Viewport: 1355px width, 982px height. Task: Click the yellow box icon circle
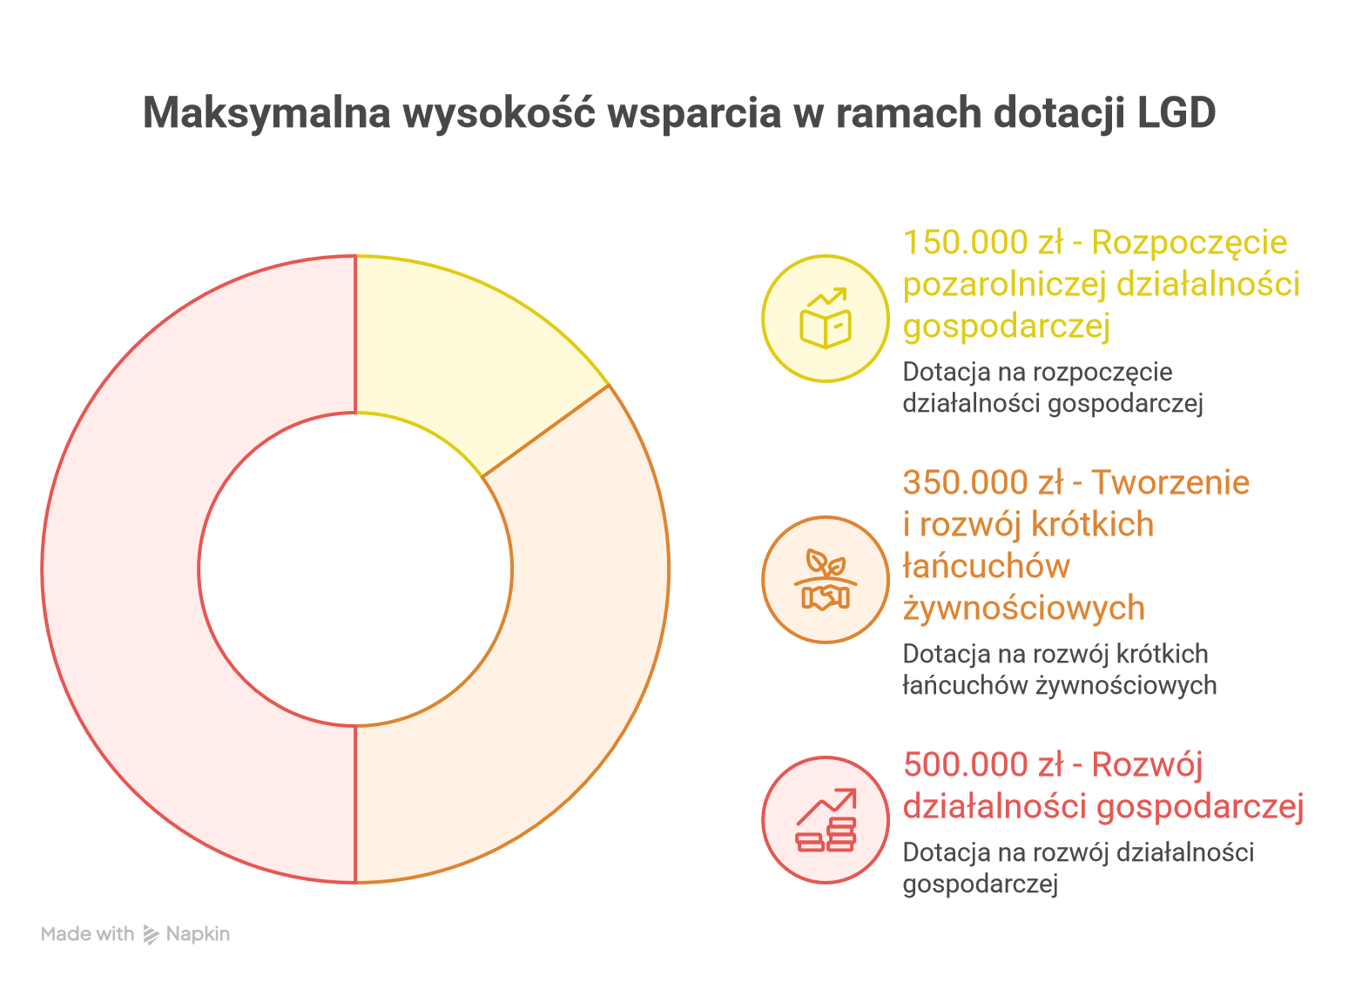pos(825,319)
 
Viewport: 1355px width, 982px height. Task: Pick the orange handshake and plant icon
pos(825,580)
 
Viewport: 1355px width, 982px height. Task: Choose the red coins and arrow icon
pos(825,820)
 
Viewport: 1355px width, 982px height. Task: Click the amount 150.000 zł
pos(982,243)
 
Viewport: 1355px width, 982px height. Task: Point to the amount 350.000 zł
pos(982,482)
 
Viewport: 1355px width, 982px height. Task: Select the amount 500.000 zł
pos(982,765)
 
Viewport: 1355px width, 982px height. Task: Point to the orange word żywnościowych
pos(1023,608)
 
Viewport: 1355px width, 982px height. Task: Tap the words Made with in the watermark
pos(87,934)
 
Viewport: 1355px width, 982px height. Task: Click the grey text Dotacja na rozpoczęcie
pos(1037,373)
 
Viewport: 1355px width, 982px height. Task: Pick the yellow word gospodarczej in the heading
pos(1006,326)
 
